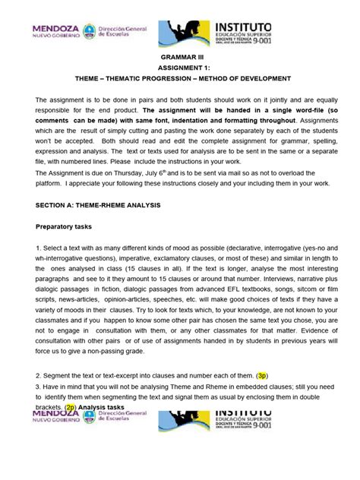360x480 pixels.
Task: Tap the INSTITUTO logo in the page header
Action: (258, 33)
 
